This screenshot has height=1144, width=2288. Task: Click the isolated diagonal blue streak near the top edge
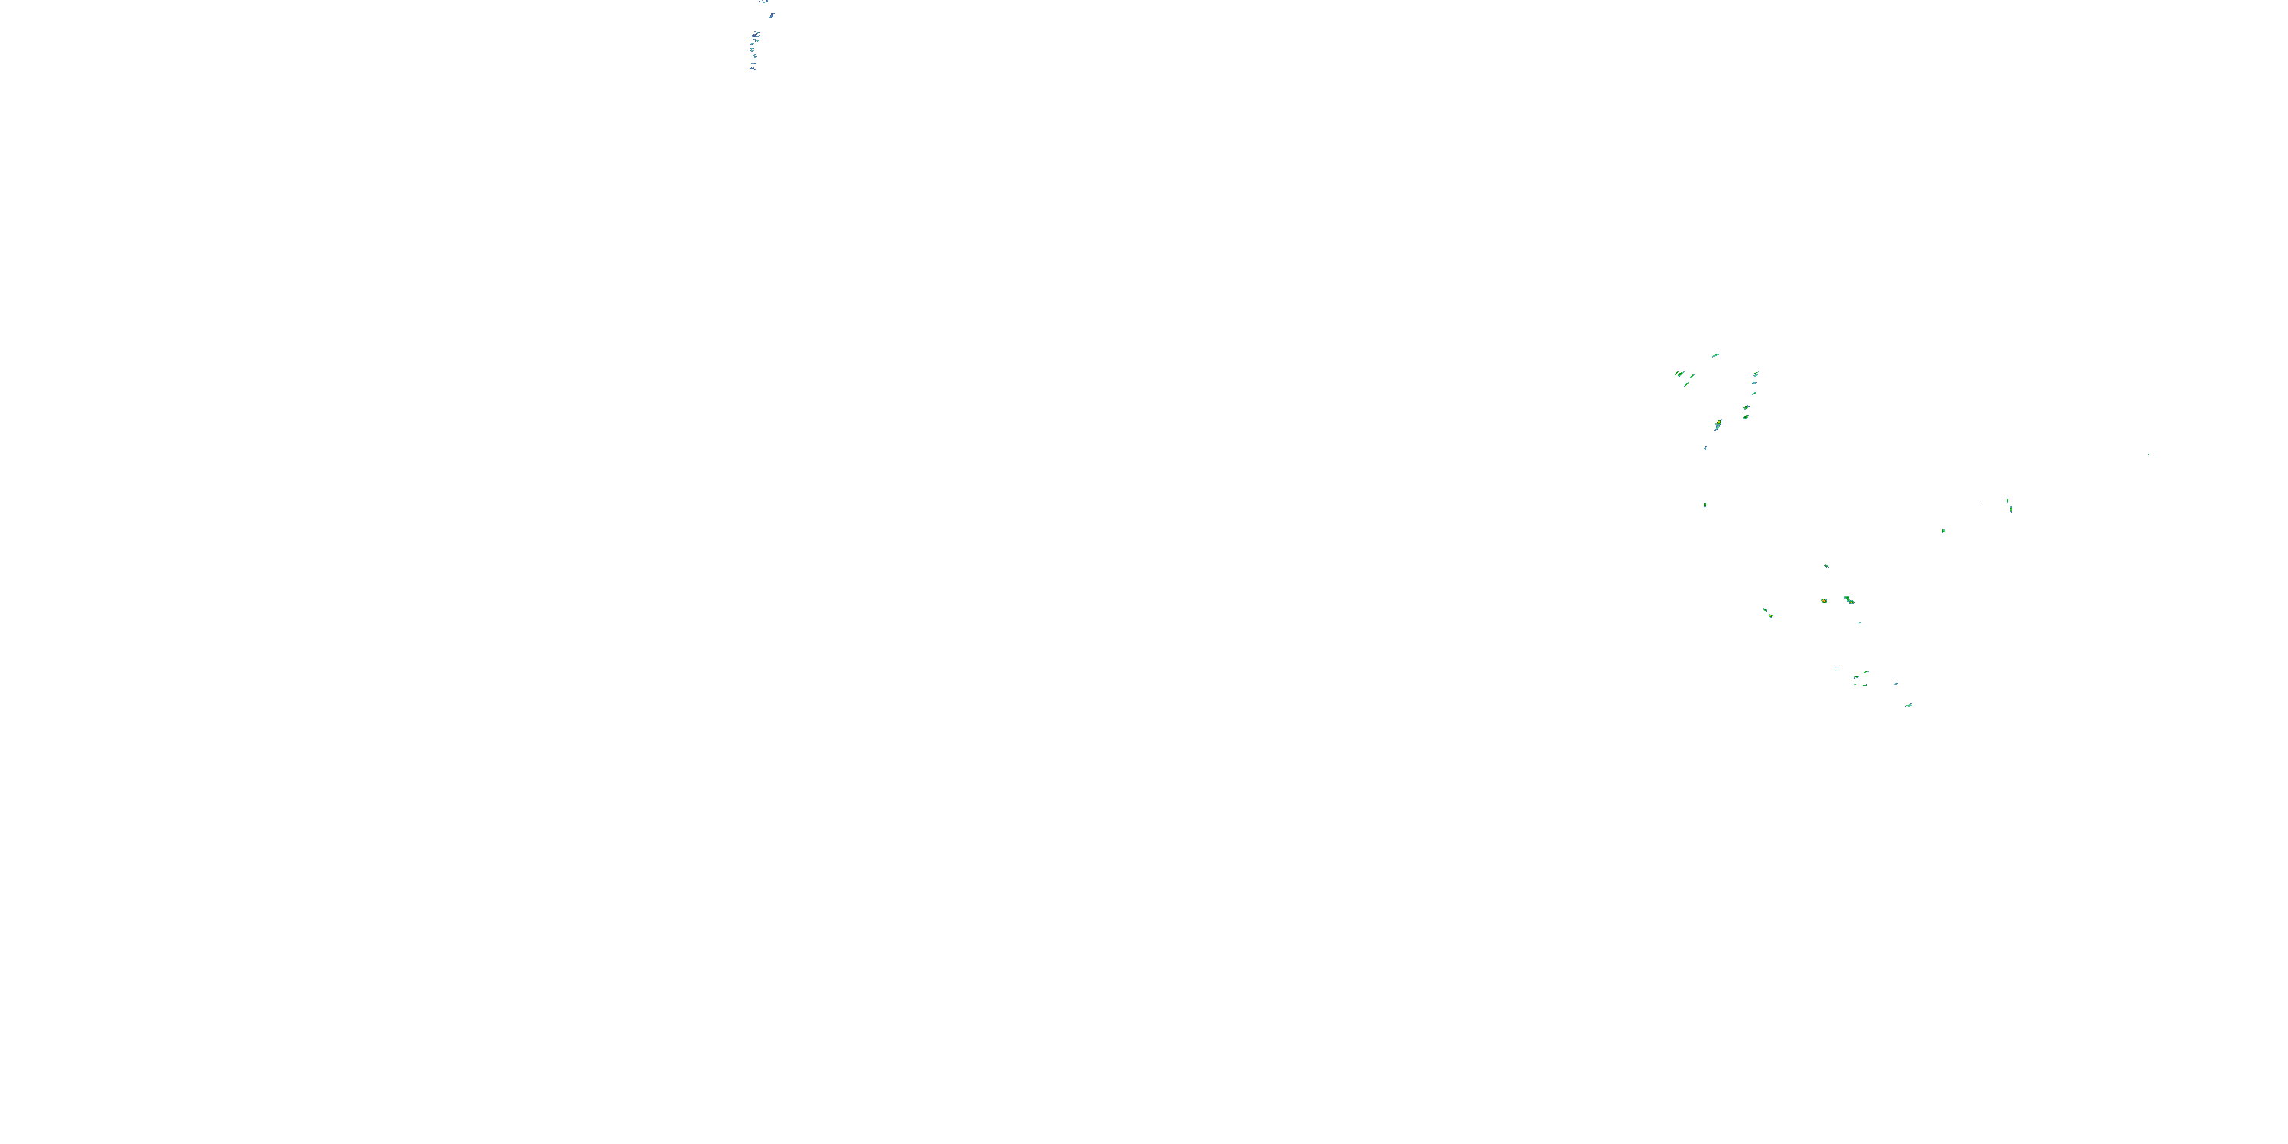[x=772, y=15]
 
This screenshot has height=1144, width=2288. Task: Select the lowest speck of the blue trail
[x=754, y=69]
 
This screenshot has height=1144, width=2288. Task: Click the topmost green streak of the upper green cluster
[x=1715, y=355]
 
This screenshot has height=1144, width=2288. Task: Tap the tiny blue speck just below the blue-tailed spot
[x=1705, y=448]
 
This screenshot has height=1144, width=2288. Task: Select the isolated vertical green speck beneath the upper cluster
[x=1705, y=506]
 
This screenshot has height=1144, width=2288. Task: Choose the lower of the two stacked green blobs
[x=1747, y=416]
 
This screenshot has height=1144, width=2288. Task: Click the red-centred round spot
[x=1824, y=601]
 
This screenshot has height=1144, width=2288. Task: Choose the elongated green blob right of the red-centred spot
[x=1849, y=600]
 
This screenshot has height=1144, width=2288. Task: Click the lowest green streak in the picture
[x=1909, y=705]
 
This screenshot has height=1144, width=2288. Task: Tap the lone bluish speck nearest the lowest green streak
[x=1895, y=684]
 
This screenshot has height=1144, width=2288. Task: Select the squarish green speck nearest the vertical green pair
[x=1943, y=531]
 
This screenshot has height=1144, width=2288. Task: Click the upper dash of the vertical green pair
[x=2007, y=501]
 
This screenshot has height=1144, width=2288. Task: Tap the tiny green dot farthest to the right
[x=2148, y=455]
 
